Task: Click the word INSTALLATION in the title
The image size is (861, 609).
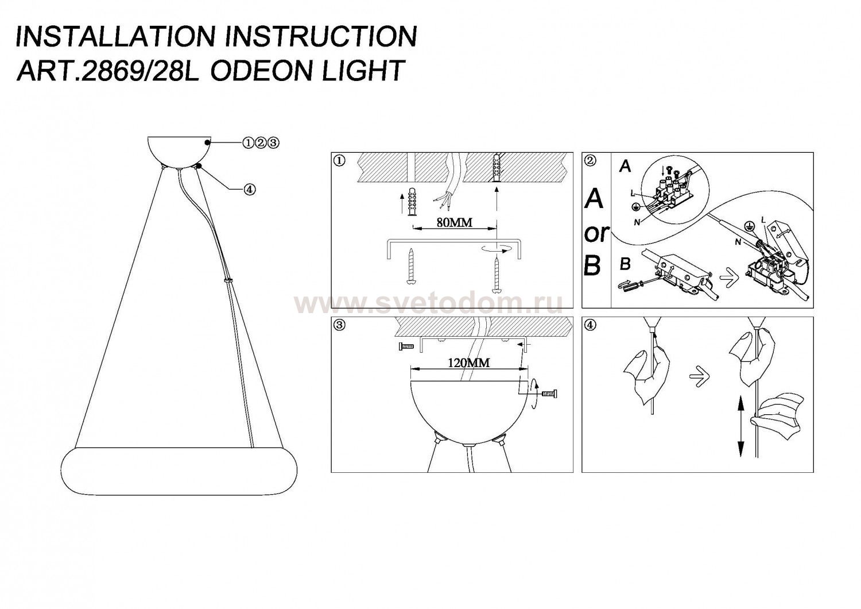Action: (115, 37)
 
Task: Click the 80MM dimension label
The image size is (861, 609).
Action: (454, 223)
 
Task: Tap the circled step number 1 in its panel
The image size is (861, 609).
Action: (339, 160)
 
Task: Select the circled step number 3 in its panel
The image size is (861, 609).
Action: (339, 325)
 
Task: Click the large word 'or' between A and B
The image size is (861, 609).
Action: (596, 233)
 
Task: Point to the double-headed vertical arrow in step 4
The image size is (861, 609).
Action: (740, 427)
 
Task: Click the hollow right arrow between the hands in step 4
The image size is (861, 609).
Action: (699, 377)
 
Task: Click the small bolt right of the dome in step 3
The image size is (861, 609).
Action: (548, 394)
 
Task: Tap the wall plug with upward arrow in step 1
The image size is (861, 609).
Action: (410, 202)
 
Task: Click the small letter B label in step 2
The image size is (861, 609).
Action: (626, 265)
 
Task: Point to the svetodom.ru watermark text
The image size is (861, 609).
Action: (428, 302)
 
